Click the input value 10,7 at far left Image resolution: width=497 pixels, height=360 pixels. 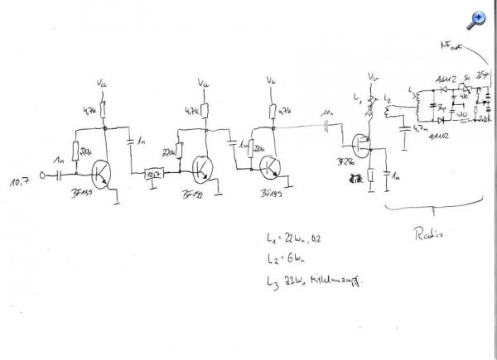coord(20,178)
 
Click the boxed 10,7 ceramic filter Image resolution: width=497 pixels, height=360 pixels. coord(155,175)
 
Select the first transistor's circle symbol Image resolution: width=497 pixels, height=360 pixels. coord(104,172)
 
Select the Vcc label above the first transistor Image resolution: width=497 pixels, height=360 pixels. coord(103,83)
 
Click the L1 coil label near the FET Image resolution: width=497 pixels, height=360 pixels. coord(358,98)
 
